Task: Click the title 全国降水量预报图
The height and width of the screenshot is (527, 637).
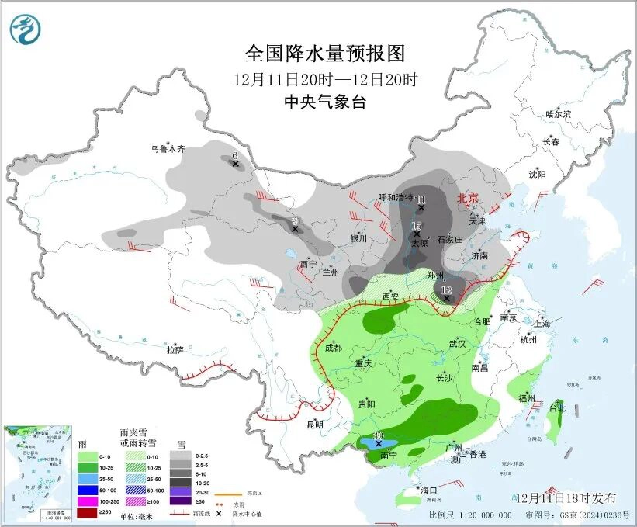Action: tap(325, 54)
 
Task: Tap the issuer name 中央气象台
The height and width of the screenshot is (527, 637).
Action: tap(325, 102)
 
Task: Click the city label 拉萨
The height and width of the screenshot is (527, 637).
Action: tap(175, 350)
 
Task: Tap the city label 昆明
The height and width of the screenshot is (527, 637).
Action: tap(315, 425)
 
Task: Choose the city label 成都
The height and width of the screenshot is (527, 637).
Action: tap(332, 348)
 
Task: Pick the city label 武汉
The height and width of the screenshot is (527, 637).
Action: tap(457, 343)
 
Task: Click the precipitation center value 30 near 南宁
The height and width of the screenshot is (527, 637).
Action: tap(379, 436)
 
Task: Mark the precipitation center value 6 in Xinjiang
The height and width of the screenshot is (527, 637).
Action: tap(235, 155)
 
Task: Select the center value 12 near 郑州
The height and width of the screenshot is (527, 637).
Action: tap(446, 290)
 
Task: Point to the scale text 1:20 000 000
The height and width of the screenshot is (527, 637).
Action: tap(482, 515)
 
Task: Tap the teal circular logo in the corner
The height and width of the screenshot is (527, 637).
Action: tap(25, 30)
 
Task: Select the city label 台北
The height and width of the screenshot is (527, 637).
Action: tap(557, 408)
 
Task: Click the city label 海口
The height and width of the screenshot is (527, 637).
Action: tap(429, 490)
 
